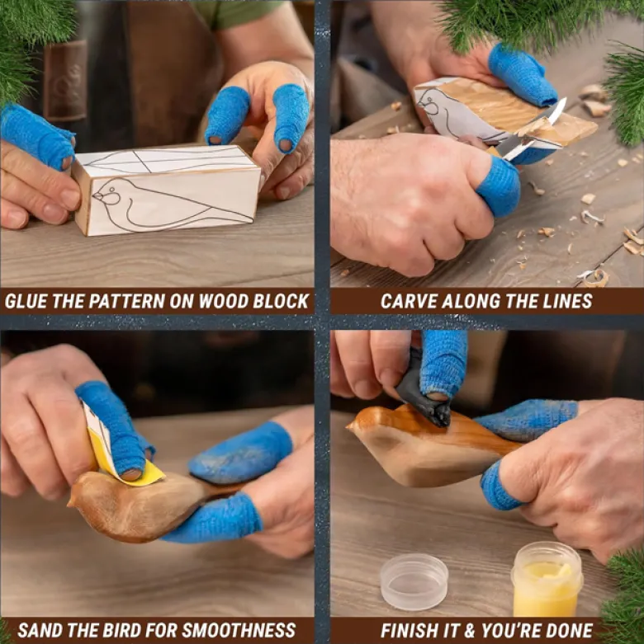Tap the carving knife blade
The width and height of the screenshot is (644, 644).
535,131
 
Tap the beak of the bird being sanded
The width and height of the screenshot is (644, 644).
71,501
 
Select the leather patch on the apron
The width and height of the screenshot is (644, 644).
66,80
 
